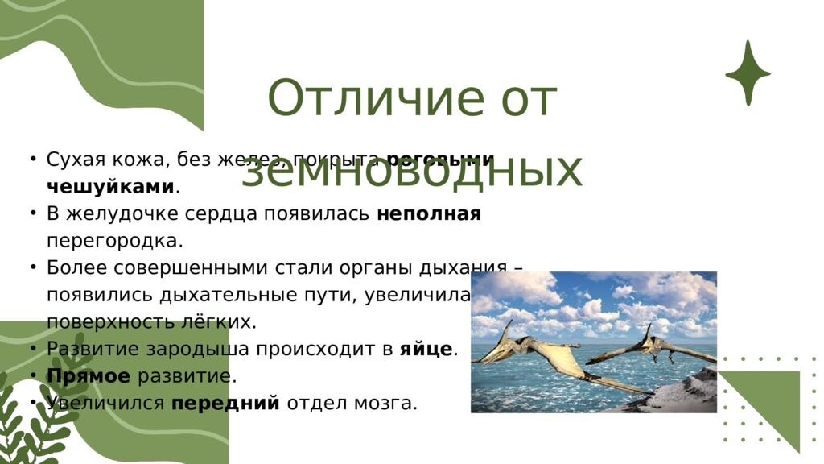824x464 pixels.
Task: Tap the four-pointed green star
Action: pyautogui.click(x=748, y=72)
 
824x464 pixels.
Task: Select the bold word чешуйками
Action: pyautogui.click(x=110, y=187)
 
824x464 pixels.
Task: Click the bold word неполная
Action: pyautogui.click(x=429, y=214)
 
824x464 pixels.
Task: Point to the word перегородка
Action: pyautogui.click(x=115, y=241)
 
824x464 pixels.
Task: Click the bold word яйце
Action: pyautogui.click(x=426, y=350)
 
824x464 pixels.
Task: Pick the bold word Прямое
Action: pyautogui.click(x=89, y=376)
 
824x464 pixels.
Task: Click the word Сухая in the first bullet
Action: pyautogui.click(x=76, y=159)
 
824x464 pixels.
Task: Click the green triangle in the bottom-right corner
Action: pyautogui.click(x=772, y=403)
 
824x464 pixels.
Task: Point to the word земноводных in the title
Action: pyautogui.click(x=411, y=170)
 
